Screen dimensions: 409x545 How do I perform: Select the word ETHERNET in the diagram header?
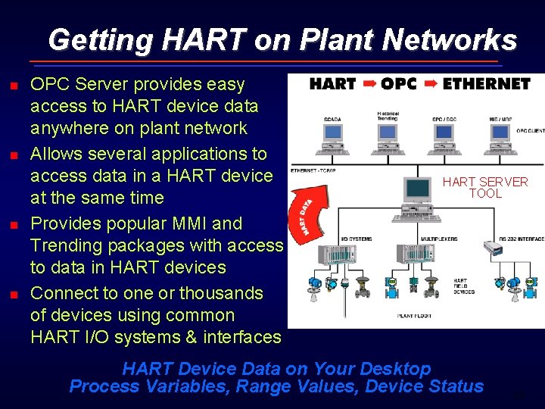[486, 83]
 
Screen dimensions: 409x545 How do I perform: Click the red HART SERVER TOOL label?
[485, 187]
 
